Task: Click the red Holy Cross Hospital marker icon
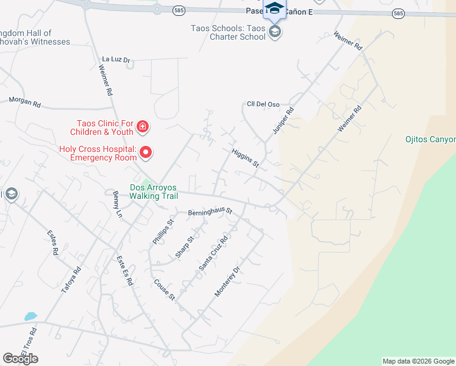146,151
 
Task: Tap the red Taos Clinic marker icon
143,127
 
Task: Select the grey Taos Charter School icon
275,32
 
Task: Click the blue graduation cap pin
274,9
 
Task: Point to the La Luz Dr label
116,60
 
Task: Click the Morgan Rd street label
24,102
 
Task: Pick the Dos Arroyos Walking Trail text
154,192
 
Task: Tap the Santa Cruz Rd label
213,253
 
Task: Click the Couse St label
165,290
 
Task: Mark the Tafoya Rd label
71,281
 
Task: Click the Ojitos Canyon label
430,139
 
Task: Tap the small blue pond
30,317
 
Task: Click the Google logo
20,359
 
